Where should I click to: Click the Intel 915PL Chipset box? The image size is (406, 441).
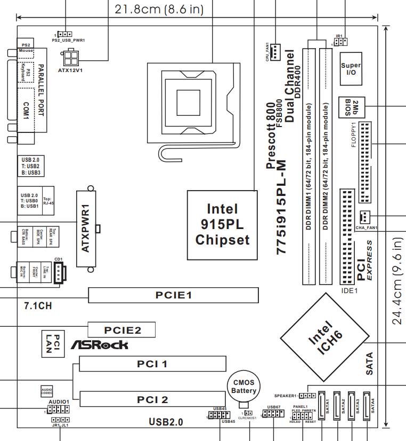tap(222, 224)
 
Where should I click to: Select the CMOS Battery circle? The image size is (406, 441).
tap(243, 387)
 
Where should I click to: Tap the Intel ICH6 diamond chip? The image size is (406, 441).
tap(326, 337)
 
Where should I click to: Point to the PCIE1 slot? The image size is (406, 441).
tap(173, 295)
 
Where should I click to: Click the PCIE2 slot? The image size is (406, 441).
tap(122, 330)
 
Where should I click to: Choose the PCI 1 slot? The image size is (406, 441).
tap(152, 364)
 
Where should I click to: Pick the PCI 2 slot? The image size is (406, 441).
tap(152, 399)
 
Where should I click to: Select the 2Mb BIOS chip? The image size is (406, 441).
tap(351, 107)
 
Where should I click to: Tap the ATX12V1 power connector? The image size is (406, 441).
tap(71, 56)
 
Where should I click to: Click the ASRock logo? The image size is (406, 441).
tap(100, 345)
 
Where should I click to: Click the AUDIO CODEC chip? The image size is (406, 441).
tap(47, 391)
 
